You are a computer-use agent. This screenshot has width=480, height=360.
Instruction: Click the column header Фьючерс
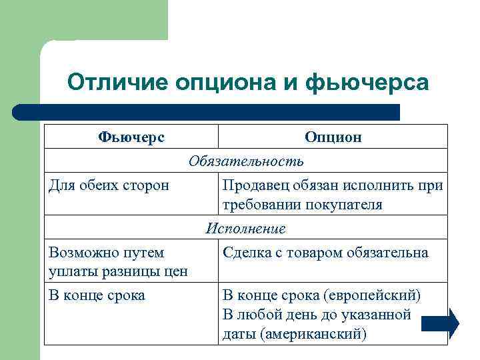[131, 137]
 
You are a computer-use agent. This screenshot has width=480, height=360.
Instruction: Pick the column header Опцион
[333, 137]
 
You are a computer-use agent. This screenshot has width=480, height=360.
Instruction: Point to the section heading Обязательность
[246, 161]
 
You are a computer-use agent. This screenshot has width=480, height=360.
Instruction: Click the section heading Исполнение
[246, 228]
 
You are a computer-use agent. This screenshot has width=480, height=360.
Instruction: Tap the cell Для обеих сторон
[109, 185]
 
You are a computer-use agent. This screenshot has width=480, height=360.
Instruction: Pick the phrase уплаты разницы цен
[118, 271]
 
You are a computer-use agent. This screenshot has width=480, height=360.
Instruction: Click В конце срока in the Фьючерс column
[97, 295]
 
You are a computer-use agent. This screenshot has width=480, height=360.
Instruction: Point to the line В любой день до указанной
[316, 315]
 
